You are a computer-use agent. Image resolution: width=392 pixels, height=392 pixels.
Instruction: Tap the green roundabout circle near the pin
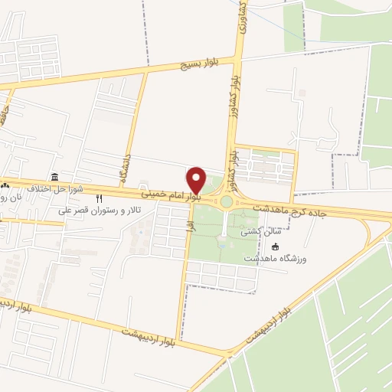click(227, 201)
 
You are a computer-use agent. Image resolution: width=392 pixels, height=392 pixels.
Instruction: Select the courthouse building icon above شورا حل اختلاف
click(54, 177)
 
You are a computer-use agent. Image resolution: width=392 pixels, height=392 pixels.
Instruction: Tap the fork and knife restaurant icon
click(99, 198)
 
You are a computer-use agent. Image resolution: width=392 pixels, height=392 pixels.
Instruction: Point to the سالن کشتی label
click(256, 231)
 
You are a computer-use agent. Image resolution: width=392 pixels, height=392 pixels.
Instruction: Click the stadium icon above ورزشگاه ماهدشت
click(276, 247)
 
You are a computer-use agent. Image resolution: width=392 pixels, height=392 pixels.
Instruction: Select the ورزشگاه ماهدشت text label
click(276, 259)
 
